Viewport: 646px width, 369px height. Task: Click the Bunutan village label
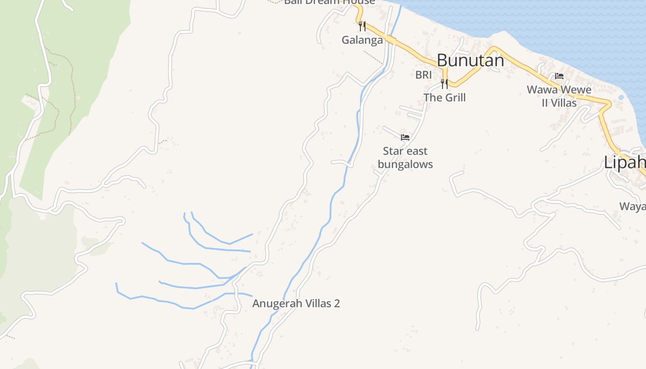pyautogui.click(x=470, y=60)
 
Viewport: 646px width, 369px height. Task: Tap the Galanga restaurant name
pyautogui.click(x=362, y=40)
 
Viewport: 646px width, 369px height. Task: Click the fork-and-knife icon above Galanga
pyautogui.click(x=362, y=26)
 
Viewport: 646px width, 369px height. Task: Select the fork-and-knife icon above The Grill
pyautogui.click(x=444, y=83)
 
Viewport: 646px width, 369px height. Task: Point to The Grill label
pyautogui.click(x=444, y=97)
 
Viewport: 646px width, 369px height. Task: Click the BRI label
pyautogui.click(x=423, y=75)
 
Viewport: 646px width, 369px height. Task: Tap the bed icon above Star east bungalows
pyautogui.click(x=405, y=137)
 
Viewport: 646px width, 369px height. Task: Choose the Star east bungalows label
pyautogui.click(x=405, y=157)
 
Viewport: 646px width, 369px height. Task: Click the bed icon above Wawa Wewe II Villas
pyautogui.click(x=559, y=76)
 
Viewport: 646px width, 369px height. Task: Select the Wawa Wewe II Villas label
pyautogui.click(x=559, y=96)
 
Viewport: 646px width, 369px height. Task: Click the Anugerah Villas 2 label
pyautogui.click(x=296, y=304)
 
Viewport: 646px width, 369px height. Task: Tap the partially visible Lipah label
pyautogui.click(x=625, y=162)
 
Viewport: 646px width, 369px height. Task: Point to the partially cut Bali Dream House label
pyautogui.click(x=329, y=2)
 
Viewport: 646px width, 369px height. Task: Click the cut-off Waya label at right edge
pyautogui.click(x=632, y=206)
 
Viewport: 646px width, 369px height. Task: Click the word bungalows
pyautogui.click(x=405, y=164)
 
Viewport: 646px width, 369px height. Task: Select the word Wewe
pyautogui.click(x=575, y=89)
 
